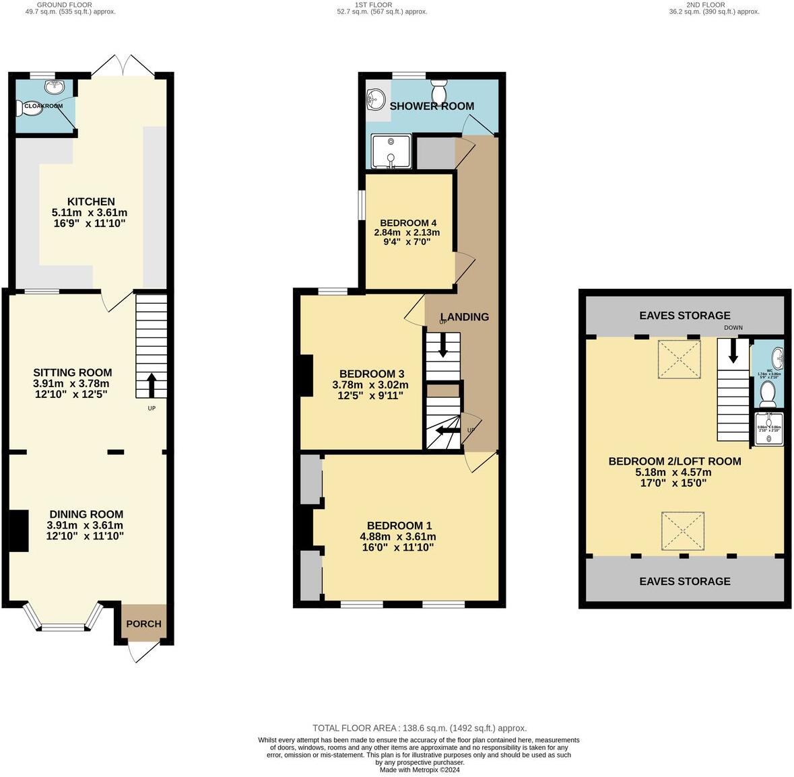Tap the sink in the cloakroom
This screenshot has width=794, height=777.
point(53,87)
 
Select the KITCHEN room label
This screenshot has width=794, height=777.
point(91,201)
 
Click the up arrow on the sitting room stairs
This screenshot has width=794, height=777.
point(151,385)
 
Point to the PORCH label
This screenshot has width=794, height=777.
point(144,623)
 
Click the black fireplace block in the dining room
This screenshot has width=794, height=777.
point(18,531)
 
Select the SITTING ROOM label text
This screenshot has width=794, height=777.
point(73,372)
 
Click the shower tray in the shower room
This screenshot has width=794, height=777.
point(391,151)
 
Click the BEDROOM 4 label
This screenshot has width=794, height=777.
point(408,223)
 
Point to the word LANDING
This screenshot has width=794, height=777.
point(465,316)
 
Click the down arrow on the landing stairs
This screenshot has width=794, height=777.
point(443,345)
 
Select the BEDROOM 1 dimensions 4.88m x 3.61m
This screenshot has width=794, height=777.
point(398,537)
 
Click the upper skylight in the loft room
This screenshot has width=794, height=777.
point(680,358)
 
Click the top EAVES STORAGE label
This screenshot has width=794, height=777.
point(684,315)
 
